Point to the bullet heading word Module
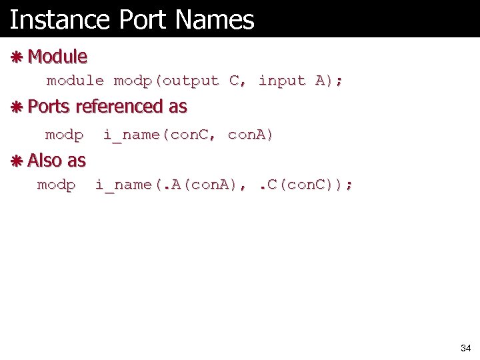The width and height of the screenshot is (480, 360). coord(58,57)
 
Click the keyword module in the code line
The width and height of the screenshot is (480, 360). coord(75,81)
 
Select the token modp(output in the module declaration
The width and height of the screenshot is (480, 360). coord(166,81)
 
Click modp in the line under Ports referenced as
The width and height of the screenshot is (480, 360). coord(64,135)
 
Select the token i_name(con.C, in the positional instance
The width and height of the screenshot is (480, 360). coord(160,135)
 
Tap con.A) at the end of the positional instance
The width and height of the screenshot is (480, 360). coord(251,135)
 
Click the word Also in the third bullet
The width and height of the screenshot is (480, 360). coord(45,161)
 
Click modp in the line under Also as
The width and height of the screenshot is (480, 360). coord(56,185)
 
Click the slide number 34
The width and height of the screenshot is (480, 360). coord(465,349)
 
